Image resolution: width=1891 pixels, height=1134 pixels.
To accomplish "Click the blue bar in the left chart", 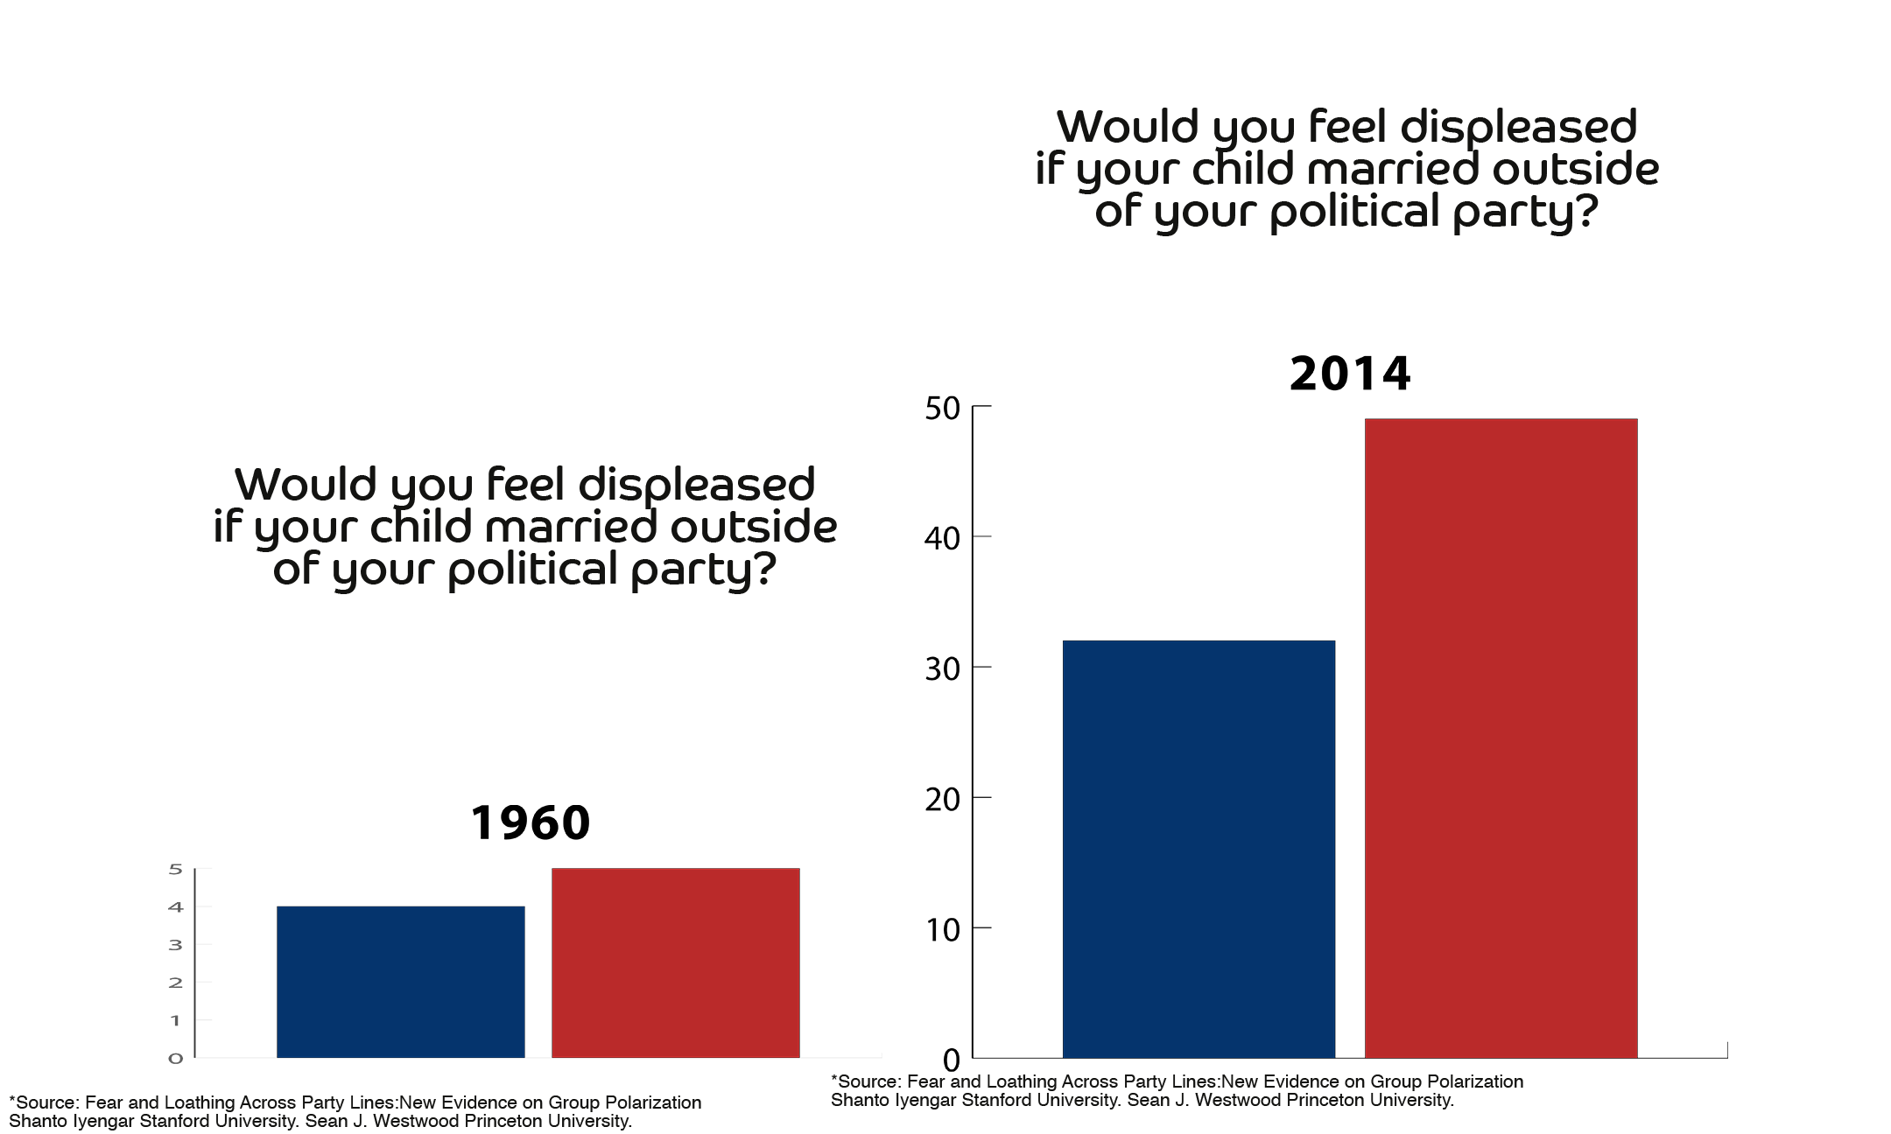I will click(x=401, y=982).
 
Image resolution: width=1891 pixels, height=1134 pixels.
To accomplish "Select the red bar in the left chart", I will click(x=675, y=962).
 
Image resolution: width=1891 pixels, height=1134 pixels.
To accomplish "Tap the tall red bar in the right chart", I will click(x=1501, y=738).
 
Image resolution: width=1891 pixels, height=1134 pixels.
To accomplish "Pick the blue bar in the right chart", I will click(x=1199, y=849).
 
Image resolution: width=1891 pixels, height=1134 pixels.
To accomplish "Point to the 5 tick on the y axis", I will click(x=176, y=869).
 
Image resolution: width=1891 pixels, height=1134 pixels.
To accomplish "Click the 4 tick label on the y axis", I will click(x=176, y=907).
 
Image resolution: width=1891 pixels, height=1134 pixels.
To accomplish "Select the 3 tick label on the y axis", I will click(x=176, y=945).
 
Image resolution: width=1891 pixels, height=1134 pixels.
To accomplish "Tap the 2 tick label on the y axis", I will click(x=176, y=983).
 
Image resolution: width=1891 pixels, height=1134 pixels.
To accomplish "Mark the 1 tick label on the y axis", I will click(x=176, y=1020).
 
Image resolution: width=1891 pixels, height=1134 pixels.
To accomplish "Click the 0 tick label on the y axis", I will click(x=176, y=1059).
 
